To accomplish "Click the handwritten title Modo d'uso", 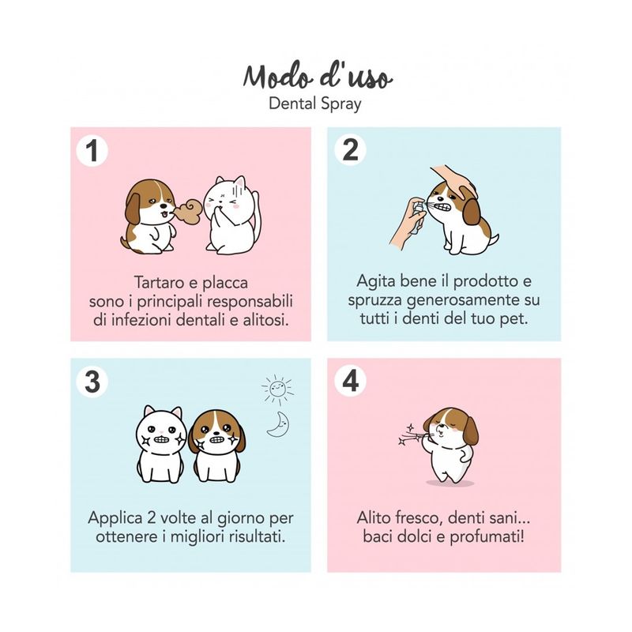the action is click(x=318, y=77).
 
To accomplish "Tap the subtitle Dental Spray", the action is click(x=314, y=104).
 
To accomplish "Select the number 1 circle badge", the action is click(x=92, y=151).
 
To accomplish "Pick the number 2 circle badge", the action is click(x=350, y=150).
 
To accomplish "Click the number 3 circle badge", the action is click(x=92, y=382).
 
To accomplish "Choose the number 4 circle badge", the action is click(x=350, y=381).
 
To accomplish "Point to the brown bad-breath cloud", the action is click(x=188, y=211).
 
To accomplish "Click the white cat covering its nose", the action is click(x=231, y=215).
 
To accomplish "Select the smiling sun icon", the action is click(x=277, y=389).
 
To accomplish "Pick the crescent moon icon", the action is click(x=279, y=424).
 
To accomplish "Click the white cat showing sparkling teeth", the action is click(x=161, y=444).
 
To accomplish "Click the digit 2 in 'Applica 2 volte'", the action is click(x=151, y=518).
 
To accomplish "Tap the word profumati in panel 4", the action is click(x=487, y=537).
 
